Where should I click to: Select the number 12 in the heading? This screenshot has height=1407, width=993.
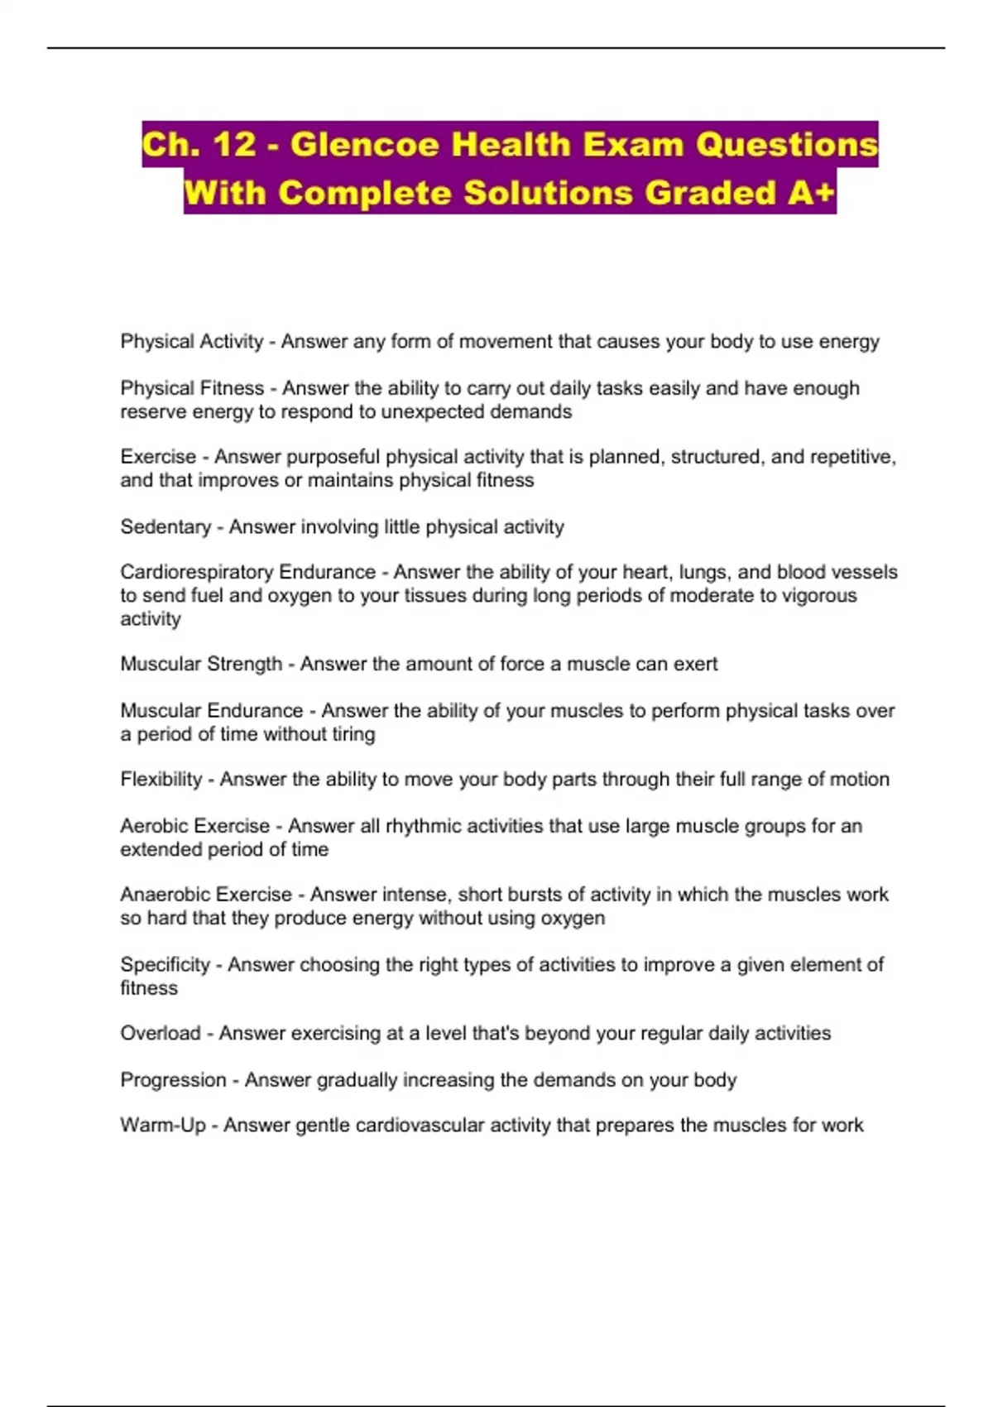(x=234, y=145)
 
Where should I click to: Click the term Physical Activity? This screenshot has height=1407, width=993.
(x=191, y=342)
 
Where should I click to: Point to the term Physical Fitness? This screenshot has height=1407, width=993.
(x=192, y=388)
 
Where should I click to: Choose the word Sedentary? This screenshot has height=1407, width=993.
(x=165, y=527)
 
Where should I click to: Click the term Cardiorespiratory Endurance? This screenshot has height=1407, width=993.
(x=247, y=572)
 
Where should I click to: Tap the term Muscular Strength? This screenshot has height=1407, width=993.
(x=201, y=664)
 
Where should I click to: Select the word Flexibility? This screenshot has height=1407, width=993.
(x=161, y=780)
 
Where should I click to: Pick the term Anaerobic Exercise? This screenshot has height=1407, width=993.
(x=206, y=895)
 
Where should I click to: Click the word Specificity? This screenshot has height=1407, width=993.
(x=165, y=964)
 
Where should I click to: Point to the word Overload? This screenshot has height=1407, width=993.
(x=161, y=1034)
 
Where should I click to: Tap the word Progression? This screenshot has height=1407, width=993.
(x=173, y=1080)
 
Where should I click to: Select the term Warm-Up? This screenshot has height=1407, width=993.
(x=163, y=1126)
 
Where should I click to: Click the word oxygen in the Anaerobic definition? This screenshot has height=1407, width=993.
(x=573, y=919)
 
